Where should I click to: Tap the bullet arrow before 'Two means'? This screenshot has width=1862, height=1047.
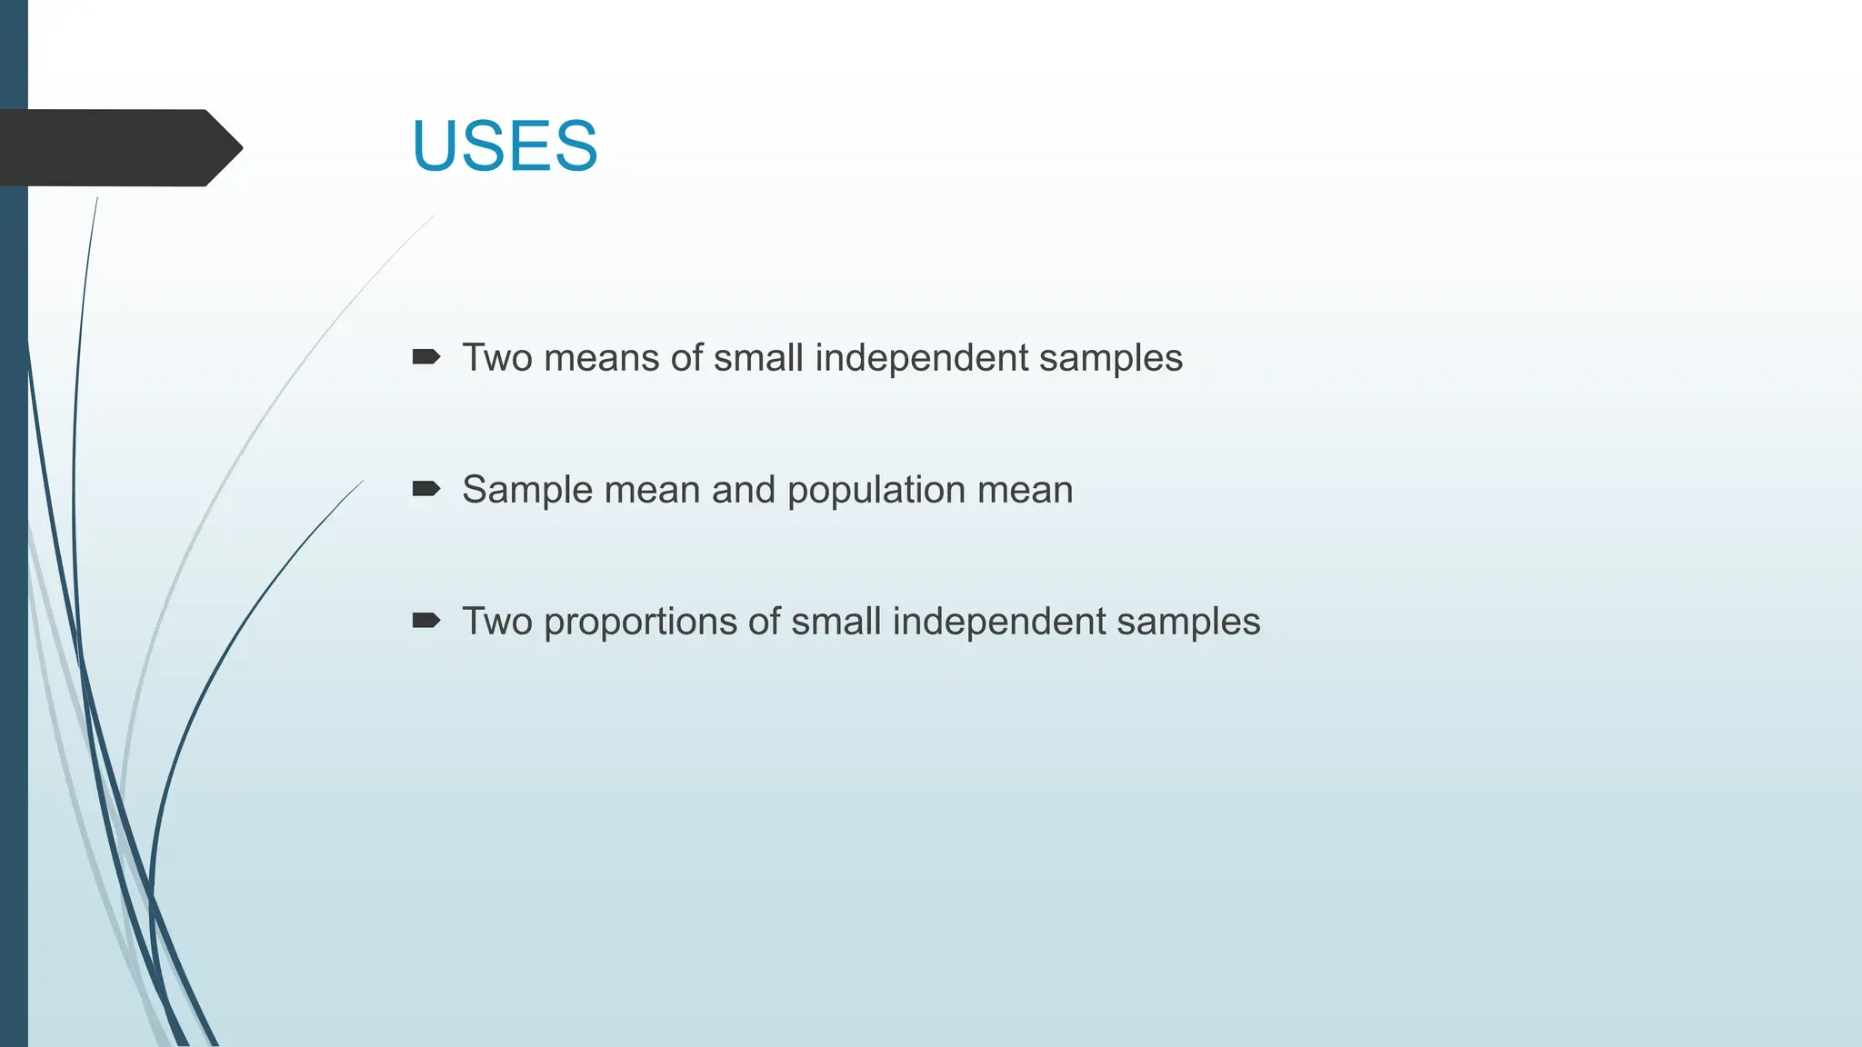425,357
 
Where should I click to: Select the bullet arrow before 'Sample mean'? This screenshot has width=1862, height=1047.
425,489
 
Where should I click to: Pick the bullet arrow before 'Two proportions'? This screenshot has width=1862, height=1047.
425,621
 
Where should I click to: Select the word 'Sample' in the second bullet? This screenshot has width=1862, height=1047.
527,490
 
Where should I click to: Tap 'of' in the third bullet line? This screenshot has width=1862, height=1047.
764,622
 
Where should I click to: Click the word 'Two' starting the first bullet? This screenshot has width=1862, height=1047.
497,358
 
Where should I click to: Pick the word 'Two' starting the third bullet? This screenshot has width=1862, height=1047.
497,622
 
